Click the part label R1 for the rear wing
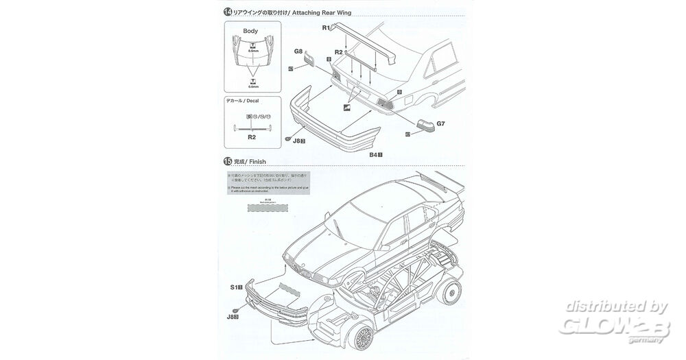click(x=327, y=27)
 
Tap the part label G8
click(x=298, y=51)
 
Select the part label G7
click(x=441, y=124)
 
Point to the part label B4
click(x=375, y=156)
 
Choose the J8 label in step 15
click(x=232, y=317)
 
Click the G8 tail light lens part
click(x=310, y=60)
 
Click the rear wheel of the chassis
click(x=453, y=293)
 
